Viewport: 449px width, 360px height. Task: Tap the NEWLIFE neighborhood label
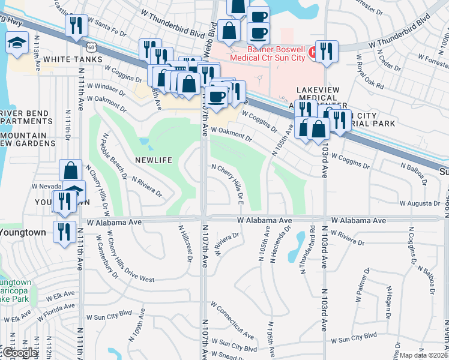[154, 161]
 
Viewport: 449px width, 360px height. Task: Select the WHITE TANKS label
[65, 59]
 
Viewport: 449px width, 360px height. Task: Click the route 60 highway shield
[90, 46]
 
